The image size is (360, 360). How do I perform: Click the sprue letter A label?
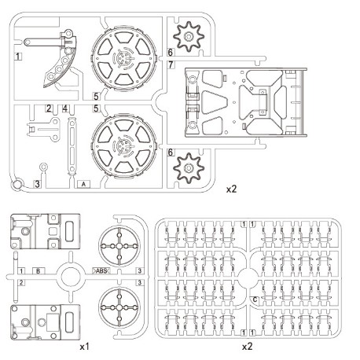[x=83, y=184]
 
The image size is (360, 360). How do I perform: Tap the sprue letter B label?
[x=39, y=271]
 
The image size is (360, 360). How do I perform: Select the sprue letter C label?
[x=255, y=299]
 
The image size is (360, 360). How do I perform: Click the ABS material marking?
[x=101, y=270]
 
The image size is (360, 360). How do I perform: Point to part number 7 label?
[x=171, y=64]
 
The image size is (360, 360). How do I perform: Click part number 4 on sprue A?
[x=64, y=108]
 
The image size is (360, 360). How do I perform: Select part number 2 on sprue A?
[x=49, y=108]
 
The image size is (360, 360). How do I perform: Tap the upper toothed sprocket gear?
[x=189, y=36]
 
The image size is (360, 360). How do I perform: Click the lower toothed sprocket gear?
[x=189, y=167]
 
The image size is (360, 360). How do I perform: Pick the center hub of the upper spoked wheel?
[x=124, y=57]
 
